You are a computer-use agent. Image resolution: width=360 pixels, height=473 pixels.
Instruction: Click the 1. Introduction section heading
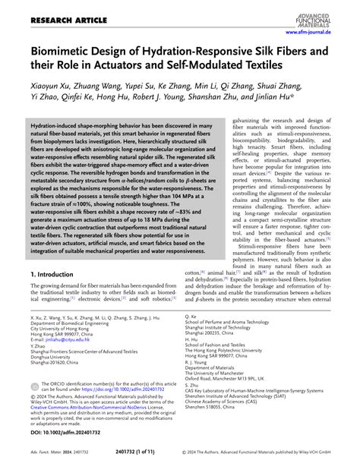click(x=54, y=272)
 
